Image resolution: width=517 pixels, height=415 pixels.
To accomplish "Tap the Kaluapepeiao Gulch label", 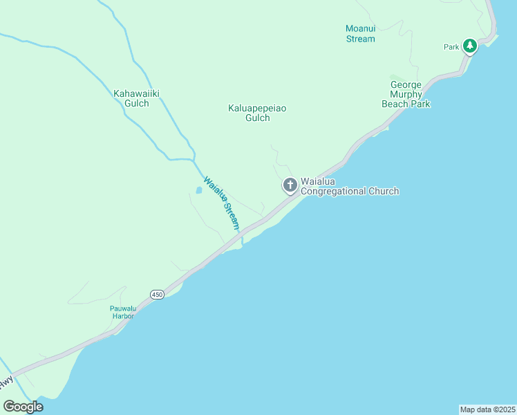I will pos(257,113).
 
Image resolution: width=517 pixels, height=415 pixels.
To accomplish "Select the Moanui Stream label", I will pos(360,33).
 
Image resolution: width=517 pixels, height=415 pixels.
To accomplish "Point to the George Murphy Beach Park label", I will pos(406,94).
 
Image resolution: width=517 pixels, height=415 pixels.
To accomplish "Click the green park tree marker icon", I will pos(470,46).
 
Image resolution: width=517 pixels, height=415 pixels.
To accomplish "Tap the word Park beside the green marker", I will pos(451,47).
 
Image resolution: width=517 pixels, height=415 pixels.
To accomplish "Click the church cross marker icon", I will pos(290,185).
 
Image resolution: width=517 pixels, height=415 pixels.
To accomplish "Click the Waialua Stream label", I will pos(222,203).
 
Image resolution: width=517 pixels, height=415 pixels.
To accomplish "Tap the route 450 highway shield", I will pos(158,295).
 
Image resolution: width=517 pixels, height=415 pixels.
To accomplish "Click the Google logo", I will pos(23,406).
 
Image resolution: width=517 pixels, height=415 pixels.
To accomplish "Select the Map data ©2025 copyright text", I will pos(487,409).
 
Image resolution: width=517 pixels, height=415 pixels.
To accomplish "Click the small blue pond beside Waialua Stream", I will pos(199,190).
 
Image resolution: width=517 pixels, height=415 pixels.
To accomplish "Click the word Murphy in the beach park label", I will pos(406,94).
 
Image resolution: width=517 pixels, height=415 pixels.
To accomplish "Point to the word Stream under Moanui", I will pos(360,39).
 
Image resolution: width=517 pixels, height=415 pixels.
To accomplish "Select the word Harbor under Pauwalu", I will pos(122,316).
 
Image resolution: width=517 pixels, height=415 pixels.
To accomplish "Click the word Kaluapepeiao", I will pos(257,108).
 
